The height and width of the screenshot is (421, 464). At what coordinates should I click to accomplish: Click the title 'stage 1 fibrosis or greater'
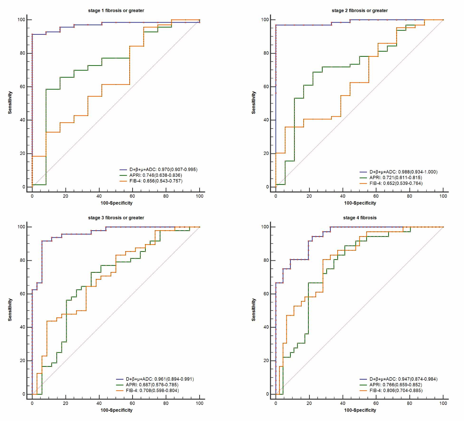[116, 11]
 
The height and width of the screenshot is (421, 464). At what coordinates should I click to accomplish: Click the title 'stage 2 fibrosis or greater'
[360, 11]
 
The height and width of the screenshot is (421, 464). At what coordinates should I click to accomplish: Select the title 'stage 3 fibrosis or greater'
[116, 218]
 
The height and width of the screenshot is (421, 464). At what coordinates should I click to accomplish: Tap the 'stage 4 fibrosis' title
[360, 218]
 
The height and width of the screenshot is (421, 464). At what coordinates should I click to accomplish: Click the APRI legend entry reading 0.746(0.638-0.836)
[155, 175]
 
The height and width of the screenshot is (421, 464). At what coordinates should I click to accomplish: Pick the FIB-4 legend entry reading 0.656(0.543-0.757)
[156, 181]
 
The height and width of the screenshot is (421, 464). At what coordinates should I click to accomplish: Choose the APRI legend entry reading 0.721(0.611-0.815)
[396, 178]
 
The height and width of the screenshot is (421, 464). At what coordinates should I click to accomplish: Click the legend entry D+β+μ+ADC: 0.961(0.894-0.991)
[160, 379]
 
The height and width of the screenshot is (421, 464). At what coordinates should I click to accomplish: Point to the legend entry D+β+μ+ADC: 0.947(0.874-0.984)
[403, 379]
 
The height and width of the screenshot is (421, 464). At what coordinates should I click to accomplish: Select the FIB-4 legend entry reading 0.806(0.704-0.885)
[396, 391]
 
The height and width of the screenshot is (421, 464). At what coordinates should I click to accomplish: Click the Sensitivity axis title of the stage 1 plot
[10, 103]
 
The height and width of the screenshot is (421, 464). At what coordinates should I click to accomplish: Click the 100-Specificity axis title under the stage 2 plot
[360, 203]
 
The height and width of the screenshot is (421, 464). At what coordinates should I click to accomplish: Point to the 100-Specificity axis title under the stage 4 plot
[360, 410]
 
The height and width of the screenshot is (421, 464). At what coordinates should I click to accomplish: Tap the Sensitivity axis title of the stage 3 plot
[10, 310]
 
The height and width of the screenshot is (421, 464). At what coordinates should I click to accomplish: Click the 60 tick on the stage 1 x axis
[132, 196]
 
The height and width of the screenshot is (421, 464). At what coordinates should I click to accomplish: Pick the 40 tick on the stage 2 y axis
[267, 120]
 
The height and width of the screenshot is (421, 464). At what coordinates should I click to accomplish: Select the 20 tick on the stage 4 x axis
[309, 403]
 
